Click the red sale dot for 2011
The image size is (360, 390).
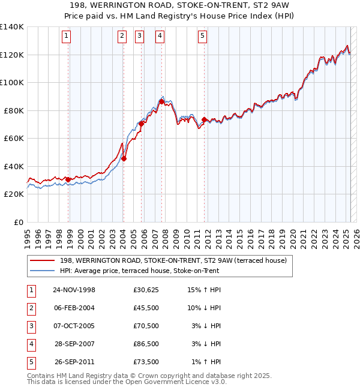tap(205, 120)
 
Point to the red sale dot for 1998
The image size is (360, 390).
tap(68, 179)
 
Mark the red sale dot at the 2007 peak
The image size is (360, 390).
tap(162, 102)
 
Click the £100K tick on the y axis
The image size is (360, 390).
tap(12, 82)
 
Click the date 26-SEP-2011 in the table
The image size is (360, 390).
tap(74, 362)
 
